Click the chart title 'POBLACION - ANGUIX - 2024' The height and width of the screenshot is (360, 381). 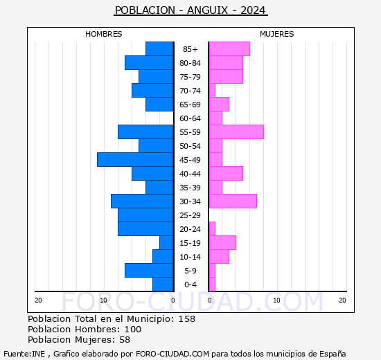click(x=190, y=10)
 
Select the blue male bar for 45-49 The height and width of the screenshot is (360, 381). click(x=135, y=160)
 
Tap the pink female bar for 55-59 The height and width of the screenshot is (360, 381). click(x=236, y=132)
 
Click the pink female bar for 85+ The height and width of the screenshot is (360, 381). click(x=229, y=49)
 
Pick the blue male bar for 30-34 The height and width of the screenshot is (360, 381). click(x=142, y=201)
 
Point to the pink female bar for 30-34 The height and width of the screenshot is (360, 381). click(x=233, y=201)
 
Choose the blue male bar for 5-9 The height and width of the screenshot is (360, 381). click(x=149, y=271)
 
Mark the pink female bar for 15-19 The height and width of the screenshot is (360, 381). click(x=222, y=243)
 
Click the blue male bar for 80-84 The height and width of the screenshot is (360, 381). click(x=149, y=63)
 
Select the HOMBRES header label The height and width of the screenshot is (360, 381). click(x=104, y=34)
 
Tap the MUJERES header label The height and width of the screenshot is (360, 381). click(x=277, y=34)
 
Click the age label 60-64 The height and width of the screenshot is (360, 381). click(x=190, y=118)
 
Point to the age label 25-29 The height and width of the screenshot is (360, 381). click(x=190, y=215)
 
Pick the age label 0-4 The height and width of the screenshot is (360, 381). click(x=190, y=285)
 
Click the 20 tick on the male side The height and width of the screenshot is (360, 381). click(x=39, y=300)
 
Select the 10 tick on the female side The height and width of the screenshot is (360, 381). click(x=276, y=300)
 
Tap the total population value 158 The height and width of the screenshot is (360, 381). click(x=187, y=319)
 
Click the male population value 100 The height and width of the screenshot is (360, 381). click(x=132, y=330)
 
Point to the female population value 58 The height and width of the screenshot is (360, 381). click(x=124, y=340)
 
